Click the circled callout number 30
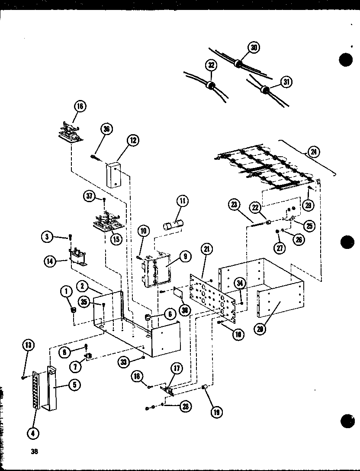(254, 48)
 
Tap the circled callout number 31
(285, 81)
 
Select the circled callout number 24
(312, 152)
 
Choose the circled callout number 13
(28, 345)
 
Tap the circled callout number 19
(215, 412)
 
